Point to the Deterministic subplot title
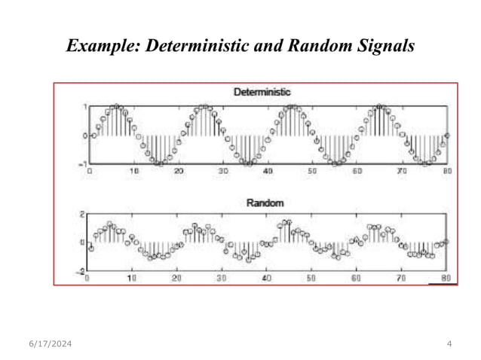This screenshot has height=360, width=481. point(262,92)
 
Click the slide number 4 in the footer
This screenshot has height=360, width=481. point(449,344)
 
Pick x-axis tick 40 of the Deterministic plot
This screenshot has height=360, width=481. point(268,172)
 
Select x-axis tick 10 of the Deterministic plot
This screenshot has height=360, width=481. point(134,172)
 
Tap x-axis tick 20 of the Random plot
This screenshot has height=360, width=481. point(176,278)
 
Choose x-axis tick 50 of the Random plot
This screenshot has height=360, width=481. point(311,278)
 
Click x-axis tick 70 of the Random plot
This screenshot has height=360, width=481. point(400,278)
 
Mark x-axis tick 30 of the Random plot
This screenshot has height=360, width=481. point(221,278)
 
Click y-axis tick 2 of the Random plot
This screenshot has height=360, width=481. point(83,214)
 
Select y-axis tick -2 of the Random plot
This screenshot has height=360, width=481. point(81,271)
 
